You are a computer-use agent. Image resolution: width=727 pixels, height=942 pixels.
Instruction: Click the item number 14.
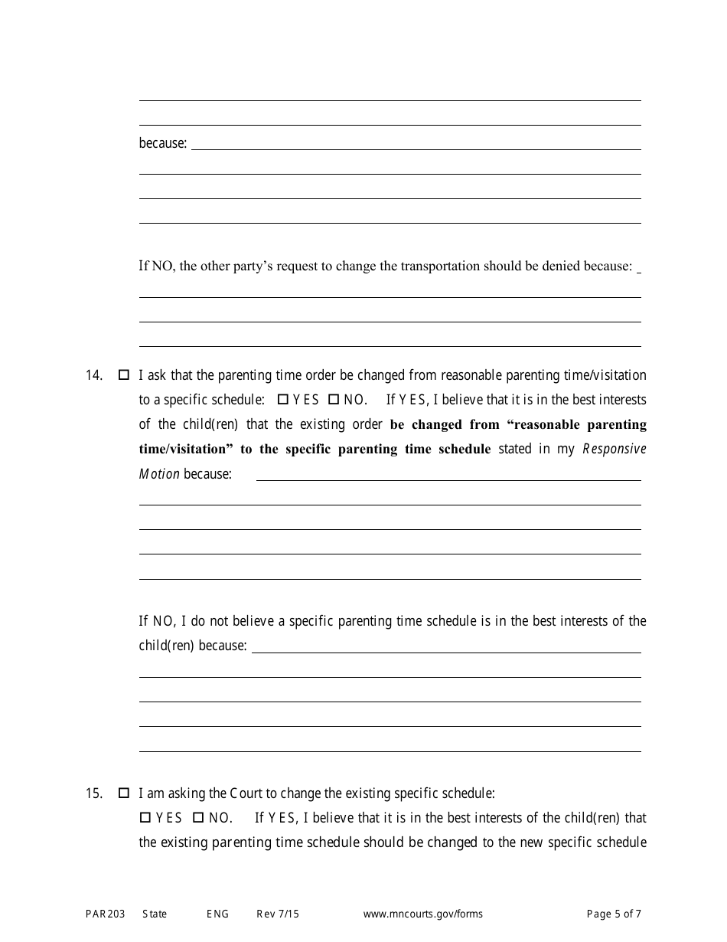[94, 375]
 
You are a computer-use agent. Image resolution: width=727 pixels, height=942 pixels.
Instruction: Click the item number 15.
[94, 793]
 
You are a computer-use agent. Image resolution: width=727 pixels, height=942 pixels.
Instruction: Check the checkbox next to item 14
[124, 375]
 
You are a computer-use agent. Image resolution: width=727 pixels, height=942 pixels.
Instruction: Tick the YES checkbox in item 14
[282, 400]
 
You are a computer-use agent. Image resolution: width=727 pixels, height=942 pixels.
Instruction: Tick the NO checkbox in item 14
[333, 400]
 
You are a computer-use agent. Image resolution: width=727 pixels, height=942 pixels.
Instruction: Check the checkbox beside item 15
[124, 793]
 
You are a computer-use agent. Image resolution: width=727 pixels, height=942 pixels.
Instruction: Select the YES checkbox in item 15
[145, 818]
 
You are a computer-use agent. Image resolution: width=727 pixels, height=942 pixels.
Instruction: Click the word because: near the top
[162, 143]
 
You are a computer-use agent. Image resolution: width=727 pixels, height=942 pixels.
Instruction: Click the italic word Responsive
[615, 449]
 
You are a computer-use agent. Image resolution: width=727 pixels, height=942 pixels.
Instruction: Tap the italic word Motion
[159, 473]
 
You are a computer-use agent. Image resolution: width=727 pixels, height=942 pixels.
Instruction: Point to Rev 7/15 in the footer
[278, 914]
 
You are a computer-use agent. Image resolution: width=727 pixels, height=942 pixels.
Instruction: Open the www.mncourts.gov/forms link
[422, 914]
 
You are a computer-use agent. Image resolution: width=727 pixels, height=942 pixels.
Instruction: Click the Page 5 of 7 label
[614, 914]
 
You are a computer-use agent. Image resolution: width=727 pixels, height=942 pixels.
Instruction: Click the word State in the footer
[155, 914]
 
